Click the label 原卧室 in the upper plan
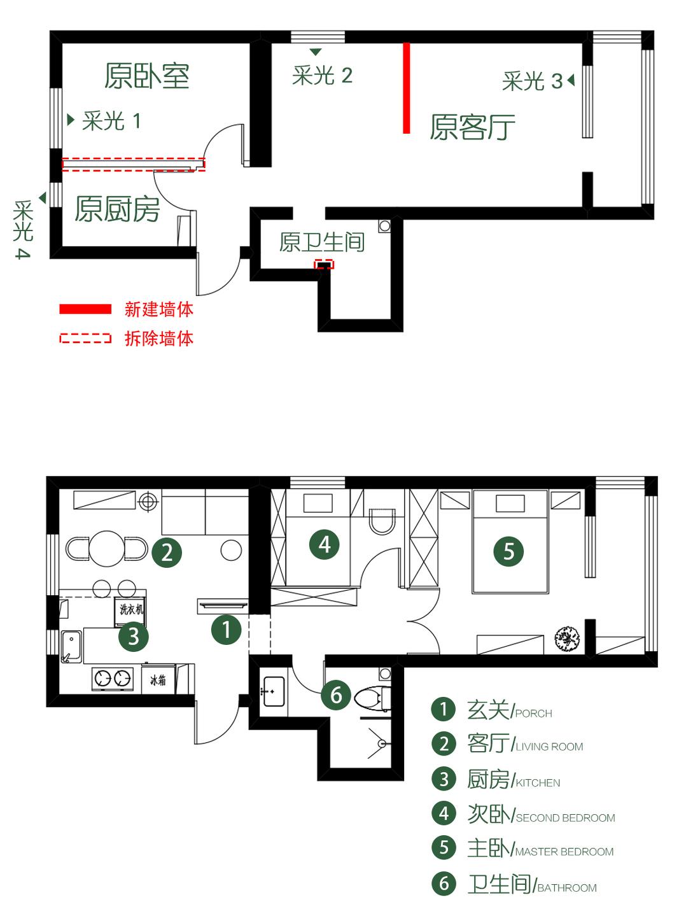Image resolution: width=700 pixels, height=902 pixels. point(147,76)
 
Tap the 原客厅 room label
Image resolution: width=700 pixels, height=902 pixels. point(472,127)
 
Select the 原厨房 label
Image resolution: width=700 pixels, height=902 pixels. point(117,209)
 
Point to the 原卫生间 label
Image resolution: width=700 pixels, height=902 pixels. point(321,242)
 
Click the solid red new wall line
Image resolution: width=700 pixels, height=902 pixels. point(407,88)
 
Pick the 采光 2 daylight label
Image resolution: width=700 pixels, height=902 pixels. point(322,76)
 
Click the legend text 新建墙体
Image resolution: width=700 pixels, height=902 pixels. point(159,309)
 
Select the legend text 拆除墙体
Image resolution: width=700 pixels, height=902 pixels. point(159,338)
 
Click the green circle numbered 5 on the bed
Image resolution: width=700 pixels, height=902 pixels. point(508,551)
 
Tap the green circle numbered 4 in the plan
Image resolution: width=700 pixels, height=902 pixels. point(325,544)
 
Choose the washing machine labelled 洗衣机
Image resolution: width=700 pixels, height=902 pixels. point(131,609)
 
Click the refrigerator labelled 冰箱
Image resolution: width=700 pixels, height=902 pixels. point(158,680)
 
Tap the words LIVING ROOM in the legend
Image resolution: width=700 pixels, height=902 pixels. point(549,747)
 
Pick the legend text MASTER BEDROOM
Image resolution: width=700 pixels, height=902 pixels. point(564,852)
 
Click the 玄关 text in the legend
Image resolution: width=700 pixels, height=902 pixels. point(488,709)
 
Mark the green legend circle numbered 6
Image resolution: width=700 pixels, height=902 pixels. point(444,884)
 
